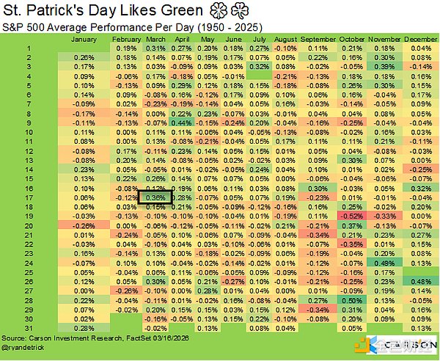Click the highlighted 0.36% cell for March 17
click(155, 197)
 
